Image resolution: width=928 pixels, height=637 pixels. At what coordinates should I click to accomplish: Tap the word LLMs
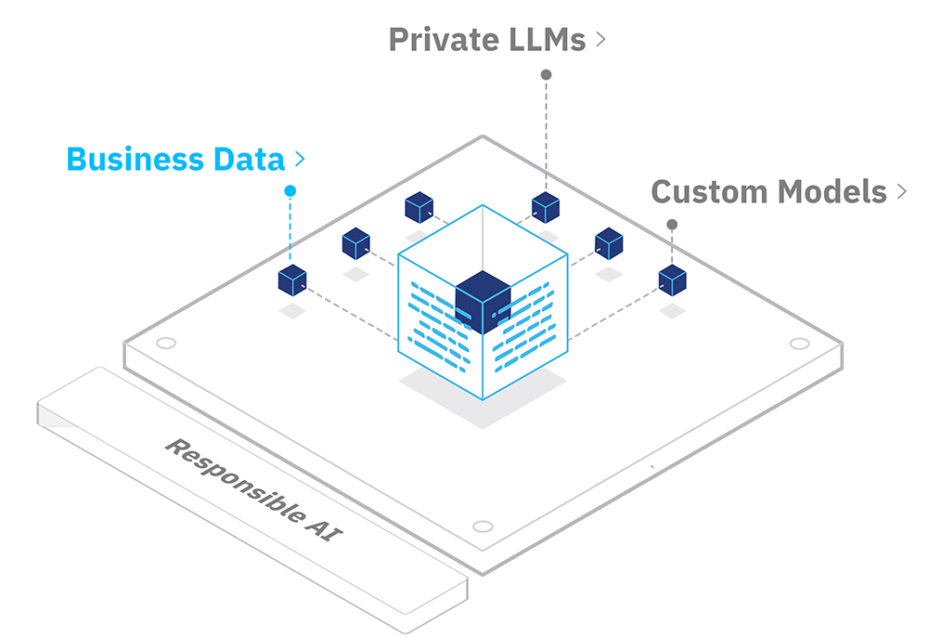(x=538, y=40)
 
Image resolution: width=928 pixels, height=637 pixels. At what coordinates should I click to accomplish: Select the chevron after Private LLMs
(x=600, y=40)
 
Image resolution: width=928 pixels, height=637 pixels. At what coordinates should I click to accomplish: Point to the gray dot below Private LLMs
(x=547, y=74)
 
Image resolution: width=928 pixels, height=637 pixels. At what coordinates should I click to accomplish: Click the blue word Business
(x=135, y=160)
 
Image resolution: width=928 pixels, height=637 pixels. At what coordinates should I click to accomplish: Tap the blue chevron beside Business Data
(x=300, y=159)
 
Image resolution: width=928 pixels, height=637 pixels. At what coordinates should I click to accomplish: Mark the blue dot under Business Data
(x=290, y=190)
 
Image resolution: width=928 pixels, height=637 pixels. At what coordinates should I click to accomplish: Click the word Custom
(x=709, y=192)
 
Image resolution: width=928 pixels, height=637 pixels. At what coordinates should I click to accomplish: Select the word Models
(x=832, y=192)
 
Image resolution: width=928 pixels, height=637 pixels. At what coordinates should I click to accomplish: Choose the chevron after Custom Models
(x=901, y=191)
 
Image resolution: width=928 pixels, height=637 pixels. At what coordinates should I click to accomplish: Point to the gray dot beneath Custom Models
(x=672, y=225)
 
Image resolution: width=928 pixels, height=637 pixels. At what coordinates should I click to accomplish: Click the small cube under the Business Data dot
(x=292, y=280)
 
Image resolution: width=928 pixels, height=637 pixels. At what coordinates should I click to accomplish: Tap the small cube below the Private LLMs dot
(x=546, y=207)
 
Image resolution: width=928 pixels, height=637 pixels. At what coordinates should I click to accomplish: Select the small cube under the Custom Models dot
(x=672, y=280)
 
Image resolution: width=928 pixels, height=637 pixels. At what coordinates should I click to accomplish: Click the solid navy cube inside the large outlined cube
(x=483, y=302)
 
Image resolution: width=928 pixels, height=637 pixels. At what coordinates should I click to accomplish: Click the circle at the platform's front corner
(x=483, y=526)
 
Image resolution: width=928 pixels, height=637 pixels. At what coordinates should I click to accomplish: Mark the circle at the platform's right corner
(x=800, y=344)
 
